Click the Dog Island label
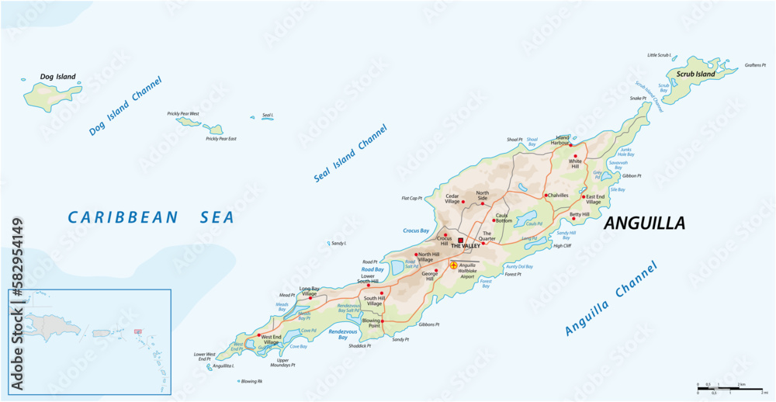point(58,77)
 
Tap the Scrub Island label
point(695,75)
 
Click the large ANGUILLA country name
point(644,224)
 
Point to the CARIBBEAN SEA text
point(151,217)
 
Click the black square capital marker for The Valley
point(460,241)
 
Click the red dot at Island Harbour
point(570,144)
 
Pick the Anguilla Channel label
point(611,300)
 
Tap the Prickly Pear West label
point(183,114)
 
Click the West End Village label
point(271,339)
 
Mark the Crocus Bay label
point(416,230)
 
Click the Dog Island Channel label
point(125,106)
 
